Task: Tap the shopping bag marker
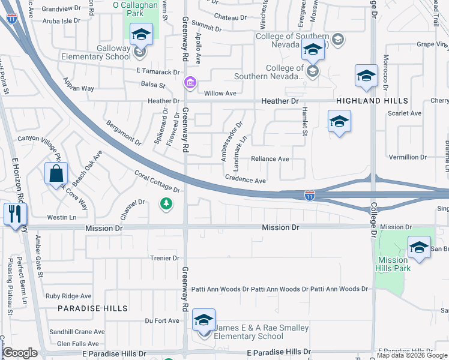point(55,174)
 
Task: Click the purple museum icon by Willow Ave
point(190,82)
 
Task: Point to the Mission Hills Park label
point(393,264)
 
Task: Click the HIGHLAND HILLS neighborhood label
point(372,101)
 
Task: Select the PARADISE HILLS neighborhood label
point(93,308)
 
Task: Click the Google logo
point(20,353)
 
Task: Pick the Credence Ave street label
point(246,180)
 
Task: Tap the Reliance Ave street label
point(270,159)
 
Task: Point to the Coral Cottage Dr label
point(157,182)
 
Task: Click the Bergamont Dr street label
point(123,133)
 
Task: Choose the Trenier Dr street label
point(164,258)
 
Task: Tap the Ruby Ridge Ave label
point(68,296)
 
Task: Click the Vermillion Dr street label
point(408,157)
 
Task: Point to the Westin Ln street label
point(62,217)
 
